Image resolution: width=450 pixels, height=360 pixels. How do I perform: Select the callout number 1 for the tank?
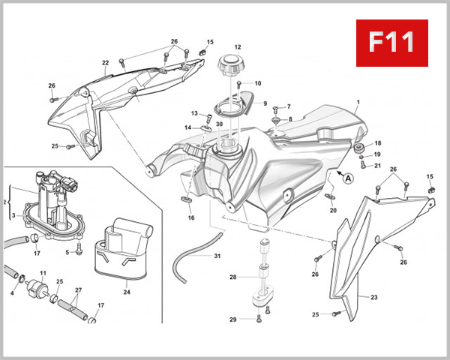pyautogui.click(x=358, y=101)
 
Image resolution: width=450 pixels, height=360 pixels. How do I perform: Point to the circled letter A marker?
pyautogui.click(x=346, y=178)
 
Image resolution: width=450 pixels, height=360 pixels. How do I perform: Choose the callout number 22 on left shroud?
pyautogui.click(x=106, y=62)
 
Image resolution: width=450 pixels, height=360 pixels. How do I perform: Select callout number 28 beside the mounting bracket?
pyautogui.click(x=232, y=277)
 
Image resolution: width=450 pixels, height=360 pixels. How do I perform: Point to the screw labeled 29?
pyautogui.click(x=259, y=319)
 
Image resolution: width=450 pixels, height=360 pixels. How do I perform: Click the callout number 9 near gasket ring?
pyautogui.click(x=263, y=103)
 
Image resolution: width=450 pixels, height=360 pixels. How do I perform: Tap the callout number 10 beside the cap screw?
pyautogui.click(x=258, y=83)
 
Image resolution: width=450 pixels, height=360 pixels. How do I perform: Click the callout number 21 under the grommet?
pyautogui.click(x=377, y=166)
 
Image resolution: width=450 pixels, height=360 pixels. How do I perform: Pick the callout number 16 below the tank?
pyautogui.click(x=191, y=218)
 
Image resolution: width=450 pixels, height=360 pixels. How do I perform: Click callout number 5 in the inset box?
pyautogui.click(x=67, y=253)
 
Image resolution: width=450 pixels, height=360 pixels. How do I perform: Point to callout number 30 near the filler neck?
pyautogui.click(x=219, y=124)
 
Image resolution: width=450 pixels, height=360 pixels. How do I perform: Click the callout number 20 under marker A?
pyautogui.click(x=333, y=211)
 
